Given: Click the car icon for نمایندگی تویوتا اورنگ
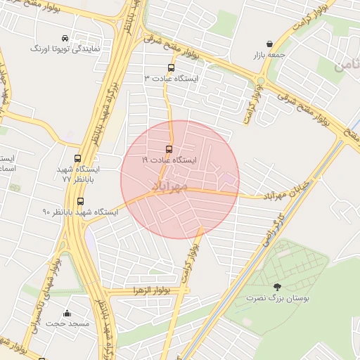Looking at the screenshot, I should pyautogui.click(x=65, y=38).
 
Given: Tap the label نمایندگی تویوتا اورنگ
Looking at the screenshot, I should pyautogui.click(x=65, y=50).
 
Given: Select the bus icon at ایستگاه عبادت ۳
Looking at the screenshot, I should pyautogui.click(x=170, y=68).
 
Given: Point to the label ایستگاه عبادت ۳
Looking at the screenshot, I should pyautogui.click(x=171, y=79).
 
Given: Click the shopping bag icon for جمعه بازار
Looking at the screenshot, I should pyautogui.click(x=269, y=44).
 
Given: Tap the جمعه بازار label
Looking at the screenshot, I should pyautogui.click(x=270, y=54).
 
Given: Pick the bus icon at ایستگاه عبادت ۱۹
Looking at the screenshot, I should pyautogui.click(x=168, y=149).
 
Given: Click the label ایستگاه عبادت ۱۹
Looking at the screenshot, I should pyautogui.click(x=169, y=160).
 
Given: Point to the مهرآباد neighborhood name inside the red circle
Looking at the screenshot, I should pyautogui.click(x=169, y=186).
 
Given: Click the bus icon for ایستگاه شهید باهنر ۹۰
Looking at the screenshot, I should pyautogui.click(x=79, y=201).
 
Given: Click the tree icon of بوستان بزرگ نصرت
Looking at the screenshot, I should pyautogui.click(x=276, y=287).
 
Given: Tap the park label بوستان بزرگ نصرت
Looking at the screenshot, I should pyautogui.click(x=276, y=298).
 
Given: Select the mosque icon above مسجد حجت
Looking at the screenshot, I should pyautogui.click(x=67, y=313).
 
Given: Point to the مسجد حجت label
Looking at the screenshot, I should pyautogui.click(x=67, y=324).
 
